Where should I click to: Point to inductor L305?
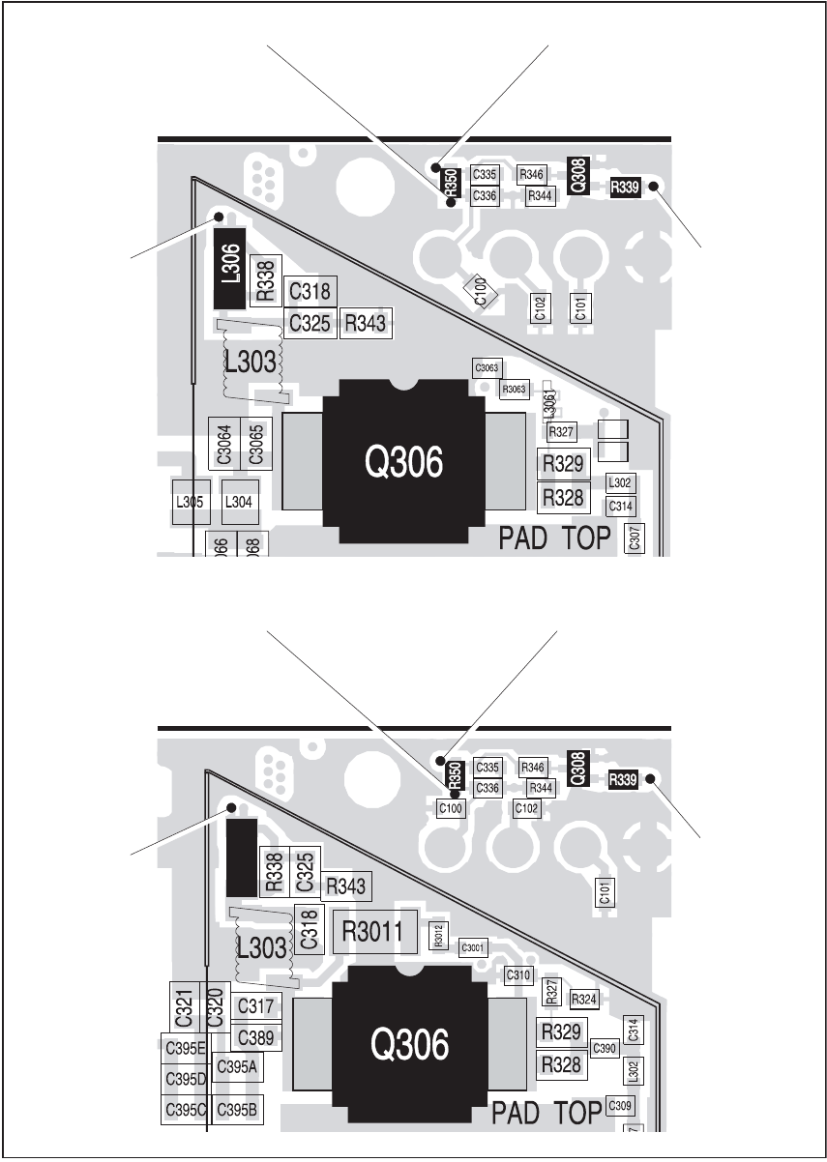(x=189, y=502)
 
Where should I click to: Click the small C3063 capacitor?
(x=487, y=367)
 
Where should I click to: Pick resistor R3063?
(x=514, y=389)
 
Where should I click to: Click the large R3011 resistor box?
(x=373, y=934)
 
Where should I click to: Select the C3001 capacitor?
(x=474, y=946)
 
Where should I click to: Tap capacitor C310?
(x=519, y=975)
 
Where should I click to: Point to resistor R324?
(x=583, y=999)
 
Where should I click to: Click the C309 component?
(x=620, y=1105)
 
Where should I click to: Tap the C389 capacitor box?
(x=256, y=1038)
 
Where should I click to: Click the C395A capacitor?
(x=237, y=1066)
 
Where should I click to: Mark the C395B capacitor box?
(x=237, y=1109)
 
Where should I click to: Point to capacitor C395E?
(x=186, y=1048)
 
